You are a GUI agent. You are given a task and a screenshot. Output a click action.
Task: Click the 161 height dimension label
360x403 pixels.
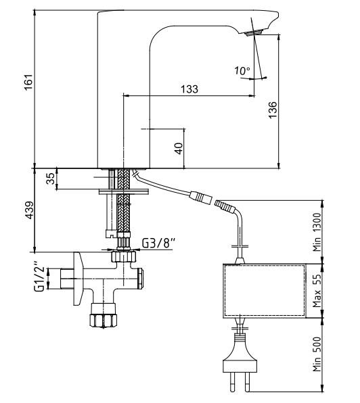click(29, 82)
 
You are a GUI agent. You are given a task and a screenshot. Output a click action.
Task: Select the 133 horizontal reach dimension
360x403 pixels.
click(189, 89)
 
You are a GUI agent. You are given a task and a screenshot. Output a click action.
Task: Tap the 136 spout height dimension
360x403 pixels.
click(273, 110)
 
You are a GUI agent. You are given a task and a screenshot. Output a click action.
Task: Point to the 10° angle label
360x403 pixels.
click(242, 71)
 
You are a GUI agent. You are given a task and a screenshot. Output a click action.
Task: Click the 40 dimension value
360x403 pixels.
click(179, 148)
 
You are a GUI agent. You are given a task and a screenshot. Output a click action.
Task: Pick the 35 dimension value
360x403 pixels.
click(50, 179)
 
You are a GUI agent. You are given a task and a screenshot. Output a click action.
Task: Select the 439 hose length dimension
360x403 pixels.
click(29, 210)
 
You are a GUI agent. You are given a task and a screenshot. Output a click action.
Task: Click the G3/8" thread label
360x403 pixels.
click(158, 243)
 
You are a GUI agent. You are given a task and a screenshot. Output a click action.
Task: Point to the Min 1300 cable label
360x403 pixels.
click(317, 232)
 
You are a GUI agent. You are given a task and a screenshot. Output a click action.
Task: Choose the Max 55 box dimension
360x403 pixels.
click(317, 291)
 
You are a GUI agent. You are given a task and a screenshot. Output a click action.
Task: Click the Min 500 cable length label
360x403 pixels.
click(317, 354)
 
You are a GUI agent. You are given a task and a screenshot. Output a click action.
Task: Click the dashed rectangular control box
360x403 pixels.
click(265, 291)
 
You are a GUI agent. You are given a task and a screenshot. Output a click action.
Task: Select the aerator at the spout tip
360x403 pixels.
click(254, 33)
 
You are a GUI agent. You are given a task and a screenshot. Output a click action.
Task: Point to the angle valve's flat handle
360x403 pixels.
click(78, 279)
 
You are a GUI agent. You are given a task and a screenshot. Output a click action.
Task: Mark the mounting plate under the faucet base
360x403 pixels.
click(123, 191)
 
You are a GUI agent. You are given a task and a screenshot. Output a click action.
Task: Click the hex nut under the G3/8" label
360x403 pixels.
click(123, 256)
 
